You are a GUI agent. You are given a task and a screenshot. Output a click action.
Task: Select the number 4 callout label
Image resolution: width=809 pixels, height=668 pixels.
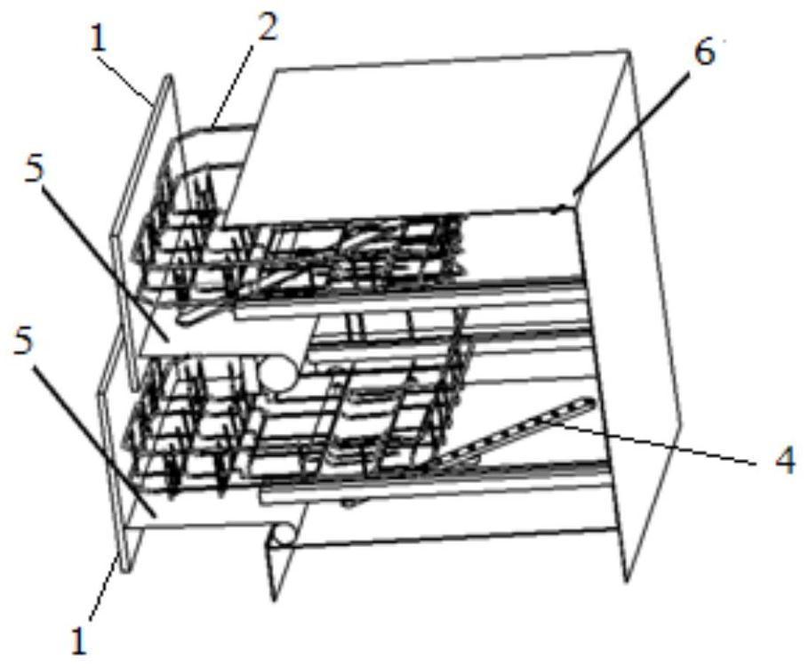click(x=785, y=461)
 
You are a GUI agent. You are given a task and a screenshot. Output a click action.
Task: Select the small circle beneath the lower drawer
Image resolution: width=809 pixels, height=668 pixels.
click(x=284, y=535)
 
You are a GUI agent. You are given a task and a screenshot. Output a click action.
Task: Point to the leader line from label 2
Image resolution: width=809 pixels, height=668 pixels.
click(x=232, y=85)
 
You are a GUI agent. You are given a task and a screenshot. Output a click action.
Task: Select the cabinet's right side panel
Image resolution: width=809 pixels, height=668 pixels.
click(x=629, y=315)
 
